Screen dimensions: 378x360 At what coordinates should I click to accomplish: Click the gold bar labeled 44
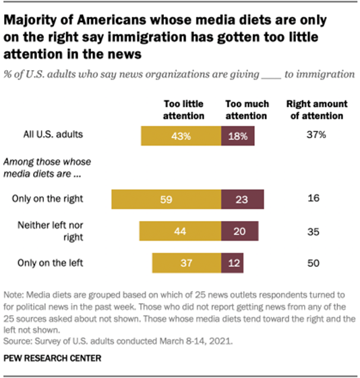click(x=180, y=231)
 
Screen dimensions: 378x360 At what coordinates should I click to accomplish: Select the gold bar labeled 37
click(x=187, y=263)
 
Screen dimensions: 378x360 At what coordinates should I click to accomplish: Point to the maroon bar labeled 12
click(x=233, y=263)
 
